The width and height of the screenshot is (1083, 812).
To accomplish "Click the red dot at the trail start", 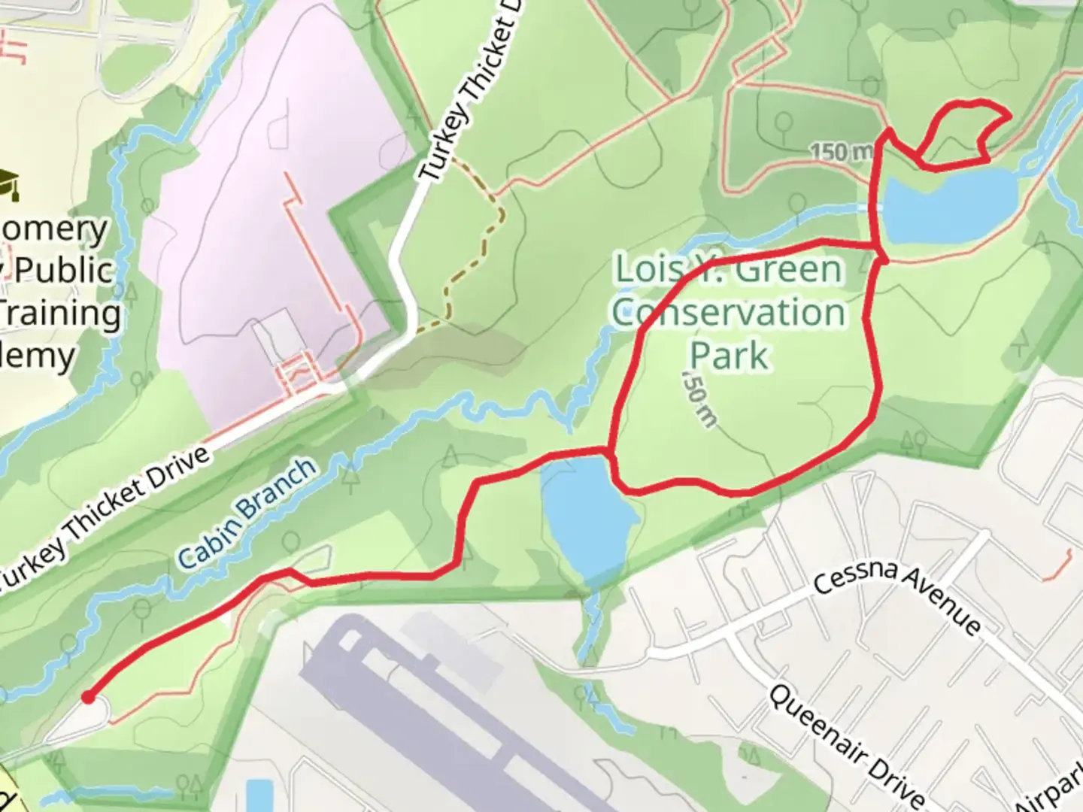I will tap(89, 697).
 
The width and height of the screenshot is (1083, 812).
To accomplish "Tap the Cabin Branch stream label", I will tap(247, 513).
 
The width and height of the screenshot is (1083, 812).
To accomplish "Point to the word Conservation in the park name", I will tap(728, 312).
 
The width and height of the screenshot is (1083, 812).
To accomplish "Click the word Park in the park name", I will tap(729, 354).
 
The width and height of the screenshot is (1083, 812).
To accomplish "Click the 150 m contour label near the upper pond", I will tap(840, 152).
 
